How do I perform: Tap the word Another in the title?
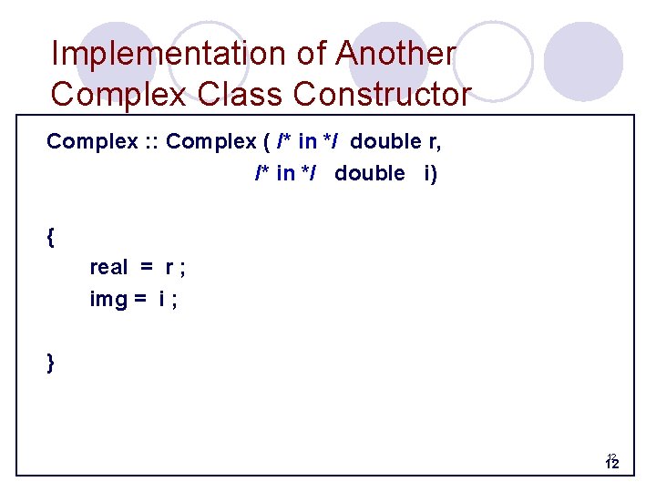click(395, 54)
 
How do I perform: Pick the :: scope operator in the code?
click(149, 142)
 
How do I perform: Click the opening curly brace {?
click(51, 239)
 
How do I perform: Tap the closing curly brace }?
click(51, 362)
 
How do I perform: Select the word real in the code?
click(109, 268)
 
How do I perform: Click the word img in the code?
click(108, 299)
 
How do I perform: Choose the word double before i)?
click(369, 173)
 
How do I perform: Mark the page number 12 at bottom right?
click(612, 464)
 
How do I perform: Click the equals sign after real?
click(147, 268)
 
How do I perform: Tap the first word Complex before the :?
click(87, 141)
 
